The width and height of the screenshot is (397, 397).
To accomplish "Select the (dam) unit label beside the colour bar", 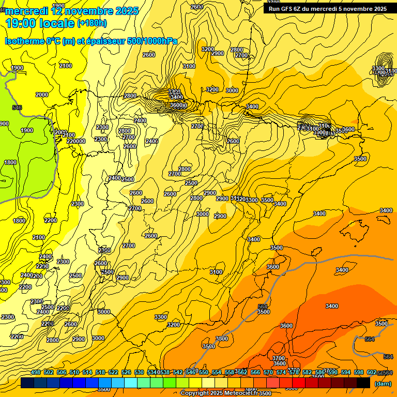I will (x=383, y=384).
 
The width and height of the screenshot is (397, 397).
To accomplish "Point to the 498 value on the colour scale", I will (x=36, y=372).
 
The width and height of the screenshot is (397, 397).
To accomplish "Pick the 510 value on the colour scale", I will (x=74, y=372).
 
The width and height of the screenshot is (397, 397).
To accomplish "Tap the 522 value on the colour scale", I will (x=113, y=372).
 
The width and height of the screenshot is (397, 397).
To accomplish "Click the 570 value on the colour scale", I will (x=268, y=372).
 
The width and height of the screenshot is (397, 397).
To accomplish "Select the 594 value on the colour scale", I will (x=346, y=372).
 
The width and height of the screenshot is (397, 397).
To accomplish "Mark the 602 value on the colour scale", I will (x=371, y=372).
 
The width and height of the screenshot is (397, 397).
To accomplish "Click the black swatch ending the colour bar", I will (x=363, y=383).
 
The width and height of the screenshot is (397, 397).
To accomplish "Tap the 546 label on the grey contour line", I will (x=17, y=108).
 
